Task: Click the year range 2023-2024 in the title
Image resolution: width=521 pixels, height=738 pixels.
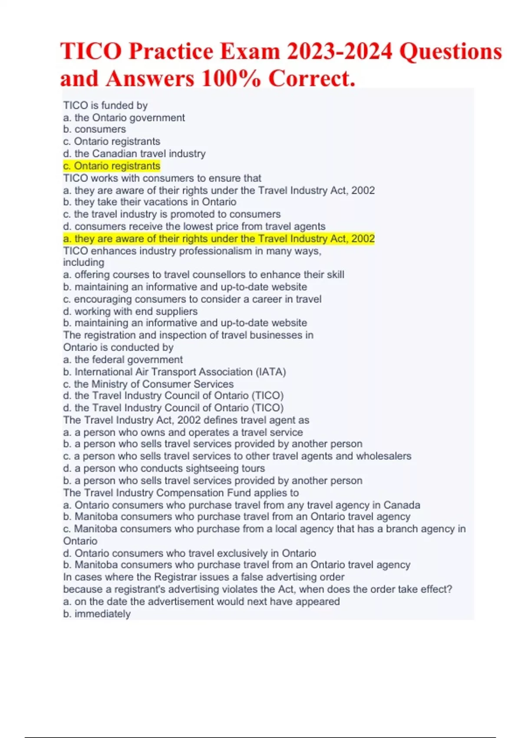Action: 339,52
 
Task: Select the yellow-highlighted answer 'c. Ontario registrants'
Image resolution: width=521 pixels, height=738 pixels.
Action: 112,166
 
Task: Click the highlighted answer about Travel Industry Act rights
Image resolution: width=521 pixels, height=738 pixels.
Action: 219,239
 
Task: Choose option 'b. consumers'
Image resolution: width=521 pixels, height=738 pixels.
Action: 94,129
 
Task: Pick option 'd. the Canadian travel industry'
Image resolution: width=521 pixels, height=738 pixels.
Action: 134,154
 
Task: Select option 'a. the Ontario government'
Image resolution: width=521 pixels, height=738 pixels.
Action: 124,118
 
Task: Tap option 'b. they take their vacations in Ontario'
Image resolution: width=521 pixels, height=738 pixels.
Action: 149,202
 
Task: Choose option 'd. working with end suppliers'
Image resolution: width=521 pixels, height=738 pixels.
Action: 130,311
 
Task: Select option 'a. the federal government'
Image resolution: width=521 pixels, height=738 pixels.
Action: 123,360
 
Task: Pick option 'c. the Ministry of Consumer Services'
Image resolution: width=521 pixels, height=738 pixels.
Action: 148,384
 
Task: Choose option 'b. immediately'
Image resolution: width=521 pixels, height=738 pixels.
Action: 97,614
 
